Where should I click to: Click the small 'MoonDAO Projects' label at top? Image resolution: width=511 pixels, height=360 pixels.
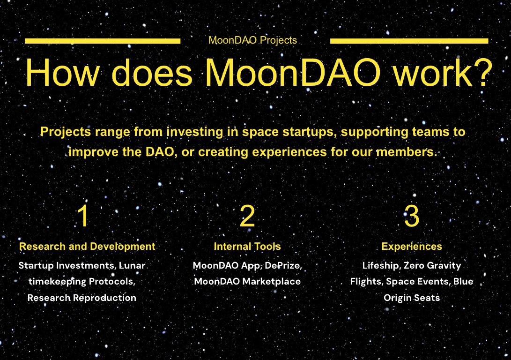[252, 40]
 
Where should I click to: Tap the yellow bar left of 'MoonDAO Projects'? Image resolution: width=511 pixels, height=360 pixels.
[102, 41]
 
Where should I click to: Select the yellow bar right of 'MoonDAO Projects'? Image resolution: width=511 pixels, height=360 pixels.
[409, 41]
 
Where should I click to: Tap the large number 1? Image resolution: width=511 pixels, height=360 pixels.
[83, 216]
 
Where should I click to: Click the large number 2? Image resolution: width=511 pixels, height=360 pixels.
[247, 216]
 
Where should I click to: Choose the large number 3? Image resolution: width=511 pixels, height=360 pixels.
[411, 216]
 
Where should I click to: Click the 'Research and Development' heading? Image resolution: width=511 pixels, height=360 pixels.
[87, 246]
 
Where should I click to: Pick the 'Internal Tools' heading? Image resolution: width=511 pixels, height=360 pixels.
[247, 246]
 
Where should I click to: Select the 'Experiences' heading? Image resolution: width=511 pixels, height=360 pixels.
[412, 246]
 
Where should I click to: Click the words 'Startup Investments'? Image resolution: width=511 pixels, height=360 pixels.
[66, 265]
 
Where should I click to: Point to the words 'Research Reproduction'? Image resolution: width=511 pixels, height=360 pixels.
[82, 298]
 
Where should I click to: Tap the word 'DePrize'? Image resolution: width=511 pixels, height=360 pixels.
[283, 265]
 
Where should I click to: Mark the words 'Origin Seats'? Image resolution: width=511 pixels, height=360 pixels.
[412, 298]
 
